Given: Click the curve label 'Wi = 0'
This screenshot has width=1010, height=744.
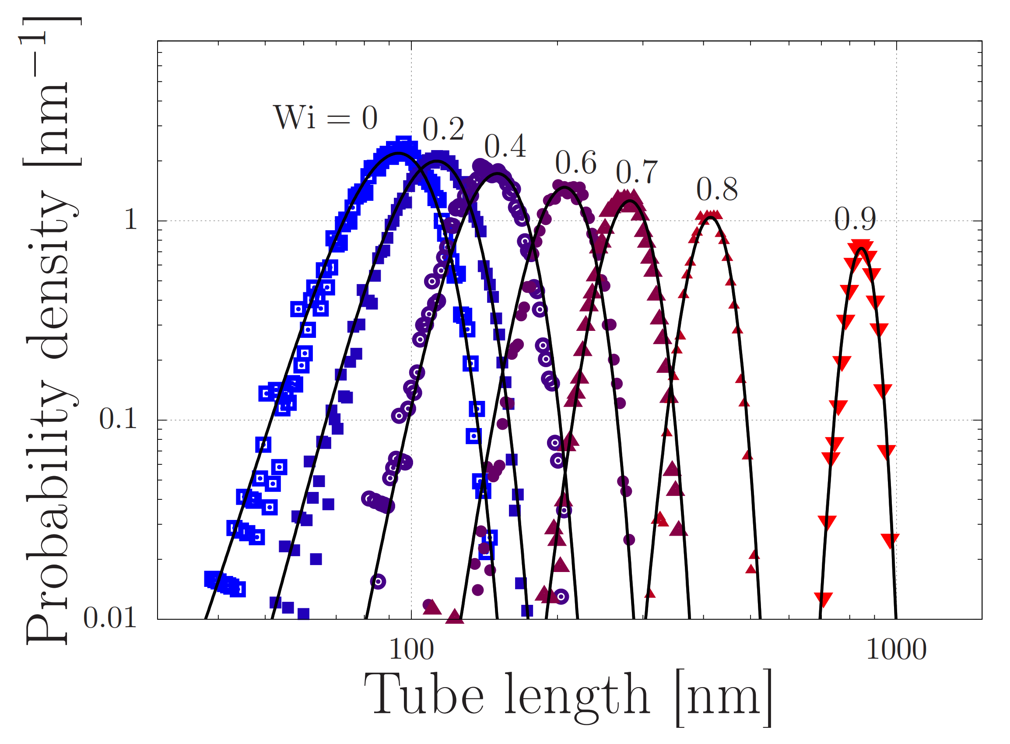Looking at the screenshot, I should [325, 118].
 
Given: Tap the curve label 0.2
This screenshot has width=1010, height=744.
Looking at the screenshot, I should [443, 129].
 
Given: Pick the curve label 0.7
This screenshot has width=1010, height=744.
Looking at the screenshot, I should [637, 172].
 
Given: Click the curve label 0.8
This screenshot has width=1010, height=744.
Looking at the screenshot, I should [717, 189].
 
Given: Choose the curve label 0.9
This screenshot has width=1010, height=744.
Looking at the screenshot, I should [855, 219].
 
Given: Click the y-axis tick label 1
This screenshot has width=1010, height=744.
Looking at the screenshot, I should [130, 220].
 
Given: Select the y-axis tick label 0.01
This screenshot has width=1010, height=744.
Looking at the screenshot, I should [110, 618].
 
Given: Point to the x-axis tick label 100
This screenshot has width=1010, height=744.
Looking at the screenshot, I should [411, 650].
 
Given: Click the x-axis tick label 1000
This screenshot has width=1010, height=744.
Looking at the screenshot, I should [896, 650].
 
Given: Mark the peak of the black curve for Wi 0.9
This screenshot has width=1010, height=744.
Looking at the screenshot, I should [861, 248].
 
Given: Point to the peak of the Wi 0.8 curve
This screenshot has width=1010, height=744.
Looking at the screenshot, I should [710, 218].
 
